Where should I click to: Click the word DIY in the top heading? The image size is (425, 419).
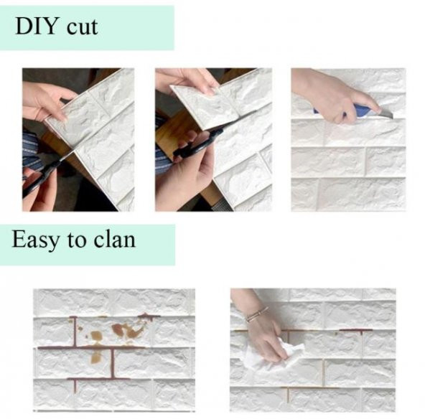37,26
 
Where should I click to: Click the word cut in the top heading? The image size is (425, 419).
82,28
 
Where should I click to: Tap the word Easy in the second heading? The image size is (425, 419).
35,240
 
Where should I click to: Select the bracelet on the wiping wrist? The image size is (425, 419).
256,314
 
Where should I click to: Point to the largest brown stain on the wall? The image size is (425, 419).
127,331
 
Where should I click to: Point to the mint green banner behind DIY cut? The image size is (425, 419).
87,28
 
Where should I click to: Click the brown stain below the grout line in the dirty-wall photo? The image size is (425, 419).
96,357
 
